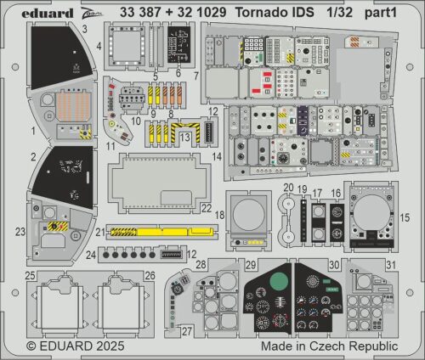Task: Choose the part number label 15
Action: tap(405, 217)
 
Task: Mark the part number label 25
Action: tap(30, 275)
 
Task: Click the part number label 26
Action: tap(150, 275)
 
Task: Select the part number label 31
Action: tap(390, 264)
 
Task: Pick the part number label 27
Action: tap(186, 332)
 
